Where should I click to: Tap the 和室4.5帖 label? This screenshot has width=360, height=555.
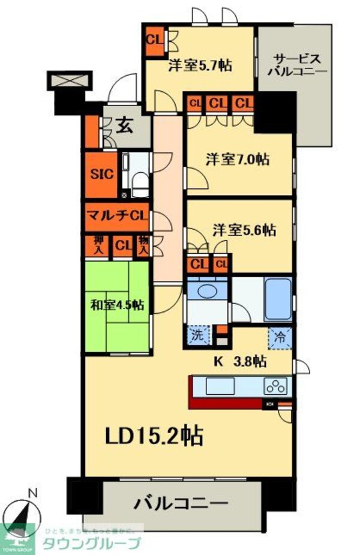tap(118, 305)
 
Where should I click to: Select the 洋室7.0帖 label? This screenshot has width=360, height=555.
tap(237, 160)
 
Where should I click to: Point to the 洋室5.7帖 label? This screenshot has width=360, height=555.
tap(200, 65)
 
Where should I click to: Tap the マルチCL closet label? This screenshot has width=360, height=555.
tap(117, 215)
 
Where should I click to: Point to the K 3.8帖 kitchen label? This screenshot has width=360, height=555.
tap(241, 362)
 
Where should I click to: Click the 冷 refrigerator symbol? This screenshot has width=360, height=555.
tap(280, 337)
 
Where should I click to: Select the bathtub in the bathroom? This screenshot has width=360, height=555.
tap(277, 298)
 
